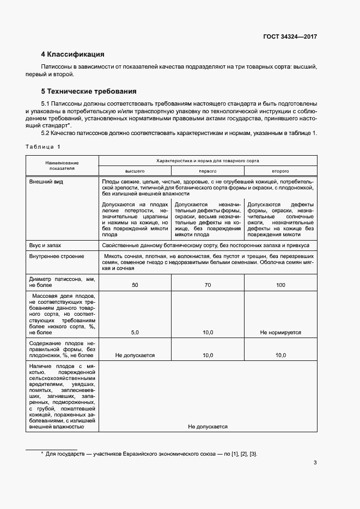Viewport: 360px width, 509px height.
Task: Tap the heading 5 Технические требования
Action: [88, 91]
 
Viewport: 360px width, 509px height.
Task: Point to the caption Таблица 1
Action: [43, 147]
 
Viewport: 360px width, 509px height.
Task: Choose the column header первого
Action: [208, 170]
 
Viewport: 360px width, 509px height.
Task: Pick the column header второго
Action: [280, 170]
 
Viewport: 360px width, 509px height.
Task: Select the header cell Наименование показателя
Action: [62, 165]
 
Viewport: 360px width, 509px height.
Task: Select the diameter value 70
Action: [208, 285]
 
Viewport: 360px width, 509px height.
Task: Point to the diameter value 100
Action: [280, 285]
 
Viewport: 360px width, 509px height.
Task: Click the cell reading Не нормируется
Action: [280, 332]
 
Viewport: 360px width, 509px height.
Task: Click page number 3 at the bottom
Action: [315, 463]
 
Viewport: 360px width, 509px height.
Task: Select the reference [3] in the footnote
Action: [253, 454]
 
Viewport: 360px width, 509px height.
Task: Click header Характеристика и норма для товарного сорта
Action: [208, 161]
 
